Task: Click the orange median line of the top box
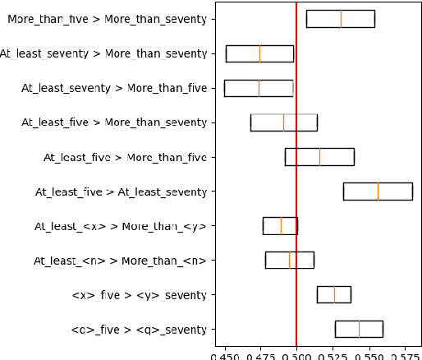(342, 18)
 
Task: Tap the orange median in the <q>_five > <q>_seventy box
(359, 329)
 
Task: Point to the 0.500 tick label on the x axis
(296, 357)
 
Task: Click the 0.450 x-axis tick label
(225, 357)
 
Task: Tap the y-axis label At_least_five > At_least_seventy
(121, 192)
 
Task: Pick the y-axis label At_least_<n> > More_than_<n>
(120, 261)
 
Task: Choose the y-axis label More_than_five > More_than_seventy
(107, 18)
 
